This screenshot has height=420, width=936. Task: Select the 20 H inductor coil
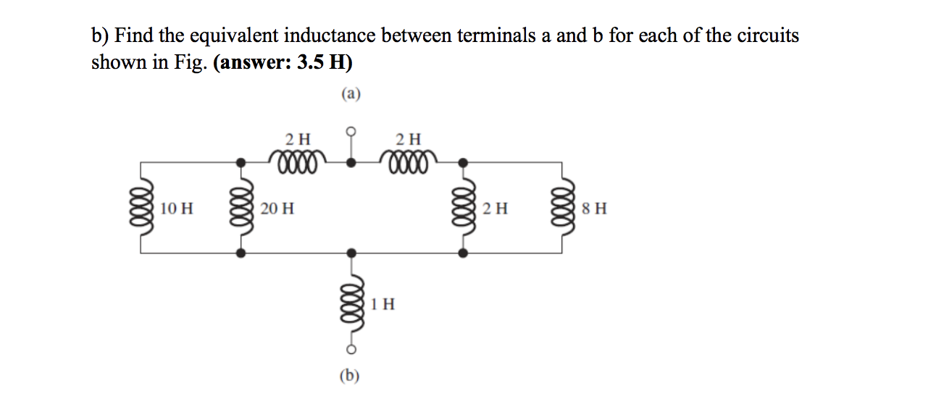pyautogui.click(x=241, y=209)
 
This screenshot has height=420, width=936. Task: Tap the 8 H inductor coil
pyautogui.click(x=563, y=209)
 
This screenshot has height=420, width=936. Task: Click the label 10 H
pyautogui.click(x=177, y=209)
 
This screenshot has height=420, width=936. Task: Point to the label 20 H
pyautogui.click(x=277, y=209)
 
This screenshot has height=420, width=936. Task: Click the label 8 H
pyautogui.click(x=594, y=209)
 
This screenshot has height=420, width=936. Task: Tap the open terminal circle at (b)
pyautogui.click(x=351, y=350)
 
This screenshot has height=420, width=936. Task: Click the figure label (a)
pyautogui.click(x=351, y=93)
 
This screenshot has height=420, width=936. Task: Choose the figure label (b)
pyautogui.click(x=351, y=374)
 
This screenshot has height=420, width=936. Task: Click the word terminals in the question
pyautogui.click(x=496, y=35)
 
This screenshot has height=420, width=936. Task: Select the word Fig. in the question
pyautogui.click(x=191, y=62)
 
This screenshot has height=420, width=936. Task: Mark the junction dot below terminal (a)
pyautogui.click(x=351, y=162)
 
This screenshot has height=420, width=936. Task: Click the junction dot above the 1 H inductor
pyautogui.click(x=351, y=253)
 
